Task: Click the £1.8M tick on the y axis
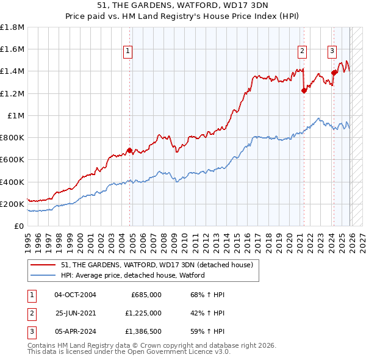(12, 27)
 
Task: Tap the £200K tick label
(12, 204)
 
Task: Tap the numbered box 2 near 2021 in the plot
(302, 52)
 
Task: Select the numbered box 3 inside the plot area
(332, 52)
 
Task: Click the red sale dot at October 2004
(130, 150)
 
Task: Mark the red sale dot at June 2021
(304, 90)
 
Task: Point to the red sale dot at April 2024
(334, 73)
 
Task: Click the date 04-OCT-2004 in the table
(75, 295)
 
